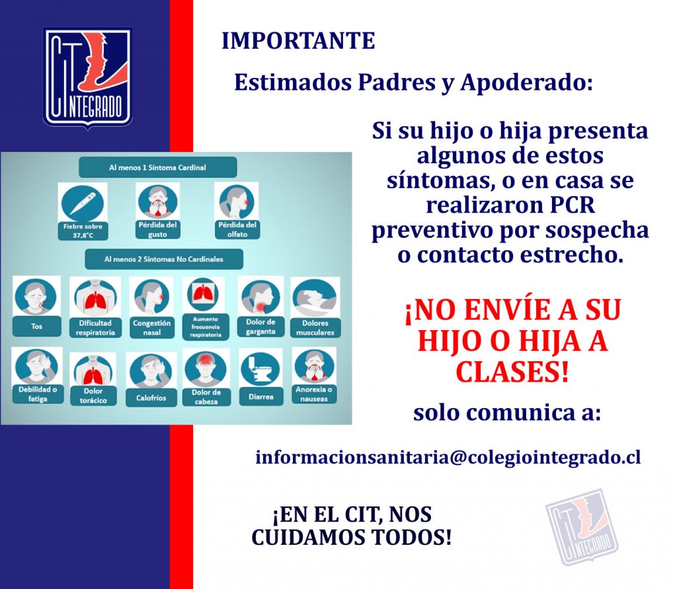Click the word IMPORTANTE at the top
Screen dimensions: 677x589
(x=298, y=41)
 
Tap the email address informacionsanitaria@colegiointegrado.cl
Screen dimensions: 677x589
(x=448, y=457)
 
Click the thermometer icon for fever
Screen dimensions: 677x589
(x=83, y=203)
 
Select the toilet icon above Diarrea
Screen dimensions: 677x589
(x=260, y=370)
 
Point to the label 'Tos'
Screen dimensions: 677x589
(x=37, y=326)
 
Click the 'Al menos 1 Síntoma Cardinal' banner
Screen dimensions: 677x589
(x=157, y=168)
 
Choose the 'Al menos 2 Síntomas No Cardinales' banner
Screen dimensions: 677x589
(x=164, y=259)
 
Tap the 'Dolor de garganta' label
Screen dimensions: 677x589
(x=260, y=327)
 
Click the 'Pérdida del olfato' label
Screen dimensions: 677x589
(x=237, y=229)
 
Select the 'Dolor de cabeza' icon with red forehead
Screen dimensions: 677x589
(x=206, y=368)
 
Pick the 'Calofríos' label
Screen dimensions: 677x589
(x=151, y=398)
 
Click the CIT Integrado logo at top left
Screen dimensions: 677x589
(x=88, y=78)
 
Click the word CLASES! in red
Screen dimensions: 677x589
(x=512, y=372)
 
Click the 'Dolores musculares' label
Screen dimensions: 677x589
(x=315, y=328)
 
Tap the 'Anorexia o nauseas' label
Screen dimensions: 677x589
(x=314, y=394)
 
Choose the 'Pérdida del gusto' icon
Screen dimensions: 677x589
(x=157, y=202)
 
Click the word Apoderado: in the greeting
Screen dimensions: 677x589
(x=526, y=83)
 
